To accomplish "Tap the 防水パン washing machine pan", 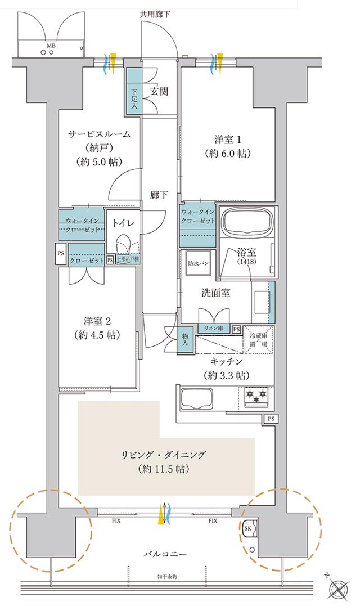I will (x=197, y=263).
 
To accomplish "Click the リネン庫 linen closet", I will (x=214, y=329).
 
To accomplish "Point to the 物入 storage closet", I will (x=185, y=340).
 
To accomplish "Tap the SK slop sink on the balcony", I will (x=249, y=529).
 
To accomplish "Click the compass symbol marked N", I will (x=340, y=590).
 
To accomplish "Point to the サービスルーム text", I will (x=99, y=134).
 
